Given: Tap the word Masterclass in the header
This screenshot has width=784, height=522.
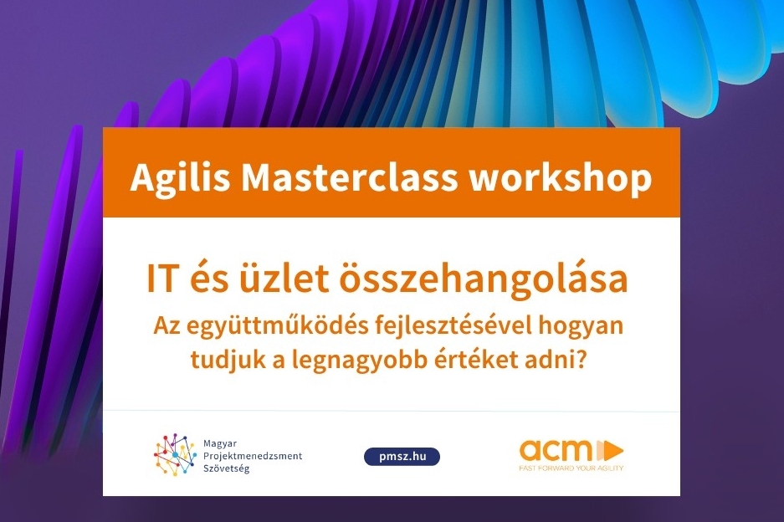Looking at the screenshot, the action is (x=349, y=177).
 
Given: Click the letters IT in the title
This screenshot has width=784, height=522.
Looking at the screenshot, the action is (x=162, y=279).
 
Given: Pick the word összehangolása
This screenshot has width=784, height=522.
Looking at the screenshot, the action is (x=484, y=280).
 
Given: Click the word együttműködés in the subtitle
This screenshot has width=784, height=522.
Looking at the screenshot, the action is (x=276, y=327).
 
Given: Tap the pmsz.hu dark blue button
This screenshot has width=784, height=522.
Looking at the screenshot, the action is (x=402, y=457).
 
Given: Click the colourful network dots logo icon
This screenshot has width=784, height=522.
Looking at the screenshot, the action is (x=175, y=454).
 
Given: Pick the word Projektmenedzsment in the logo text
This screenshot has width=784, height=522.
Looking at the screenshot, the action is (x=253, y=456).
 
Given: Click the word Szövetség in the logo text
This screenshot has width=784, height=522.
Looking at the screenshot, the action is (x=226, y=469).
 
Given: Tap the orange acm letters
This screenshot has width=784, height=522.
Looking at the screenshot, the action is (x=555, y=450).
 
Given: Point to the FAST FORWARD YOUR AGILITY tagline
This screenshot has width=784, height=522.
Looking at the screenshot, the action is (x=571, y=468).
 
